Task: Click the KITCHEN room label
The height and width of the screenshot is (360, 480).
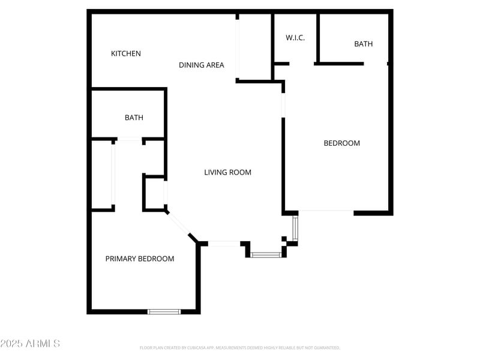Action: click(126, 53)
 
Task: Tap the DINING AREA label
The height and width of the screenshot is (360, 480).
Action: click(202, 65)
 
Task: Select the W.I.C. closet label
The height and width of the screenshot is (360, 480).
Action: click(295, 38)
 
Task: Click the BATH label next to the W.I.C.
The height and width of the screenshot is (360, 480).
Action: click(363, 44)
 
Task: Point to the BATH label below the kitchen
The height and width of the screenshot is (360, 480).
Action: click(134, 118)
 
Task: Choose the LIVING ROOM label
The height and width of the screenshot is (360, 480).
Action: click(227, 172)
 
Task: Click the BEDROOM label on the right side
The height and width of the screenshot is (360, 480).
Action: click(341, 143)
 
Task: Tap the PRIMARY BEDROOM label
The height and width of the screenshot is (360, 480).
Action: click(140, 259)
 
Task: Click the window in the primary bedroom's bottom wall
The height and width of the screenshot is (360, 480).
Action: click(164, 311)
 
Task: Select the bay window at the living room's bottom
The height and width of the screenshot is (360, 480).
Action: click(266, 255)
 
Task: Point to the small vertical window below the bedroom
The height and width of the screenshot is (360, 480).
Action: click(295, 228)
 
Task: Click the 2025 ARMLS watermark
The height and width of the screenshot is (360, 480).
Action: click(30, 344)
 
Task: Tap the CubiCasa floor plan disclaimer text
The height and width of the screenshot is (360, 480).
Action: click(240, 347)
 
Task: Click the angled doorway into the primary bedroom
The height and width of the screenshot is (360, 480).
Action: click(179, 223)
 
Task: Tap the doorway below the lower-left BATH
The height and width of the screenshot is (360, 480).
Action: click(129, 140)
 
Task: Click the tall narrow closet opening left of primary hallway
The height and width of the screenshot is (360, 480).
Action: click(113, 175)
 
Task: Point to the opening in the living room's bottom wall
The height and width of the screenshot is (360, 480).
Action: click(224, 244)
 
